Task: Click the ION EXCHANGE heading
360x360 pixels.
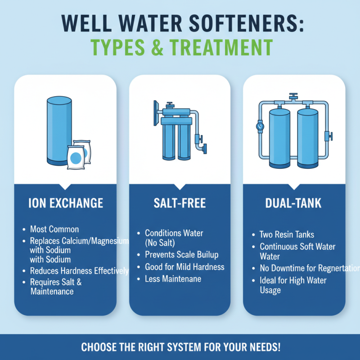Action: point(66,203)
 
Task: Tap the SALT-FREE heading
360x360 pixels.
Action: point(180,203)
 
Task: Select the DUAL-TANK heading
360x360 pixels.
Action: point(294,203)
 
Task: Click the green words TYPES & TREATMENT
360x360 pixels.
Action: point(180,47)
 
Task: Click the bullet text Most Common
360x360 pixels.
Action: point(54,229)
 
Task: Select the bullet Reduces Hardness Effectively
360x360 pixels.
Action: point(79,271)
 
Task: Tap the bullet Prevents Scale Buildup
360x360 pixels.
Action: point(181,255)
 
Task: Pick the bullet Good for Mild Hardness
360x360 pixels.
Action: point(184,267)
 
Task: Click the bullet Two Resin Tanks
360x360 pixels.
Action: point(287,234)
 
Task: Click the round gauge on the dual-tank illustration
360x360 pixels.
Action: point(261,127)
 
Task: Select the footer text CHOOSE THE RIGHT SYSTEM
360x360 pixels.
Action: point(180,347)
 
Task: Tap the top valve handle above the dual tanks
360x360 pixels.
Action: point(294,96)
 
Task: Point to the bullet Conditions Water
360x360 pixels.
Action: point(174,233)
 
